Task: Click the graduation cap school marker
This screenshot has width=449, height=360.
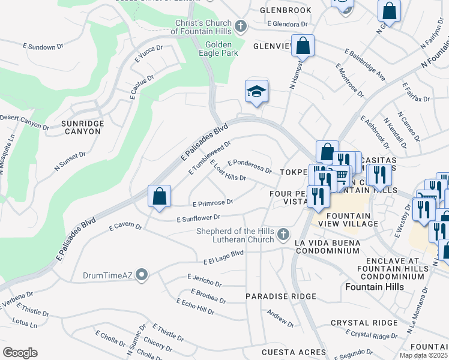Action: [x=256, y=92]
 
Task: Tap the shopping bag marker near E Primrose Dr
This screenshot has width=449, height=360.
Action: [x=160, y=196]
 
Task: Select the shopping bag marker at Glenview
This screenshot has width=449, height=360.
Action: [x=304, y=46]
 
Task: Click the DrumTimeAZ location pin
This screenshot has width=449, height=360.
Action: [x=142, y=276]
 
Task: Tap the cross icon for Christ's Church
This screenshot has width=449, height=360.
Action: [x=241, y=26]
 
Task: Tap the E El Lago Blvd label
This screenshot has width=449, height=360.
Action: [x=223, y=257]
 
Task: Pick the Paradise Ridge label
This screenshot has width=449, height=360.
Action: [x=281, y=297]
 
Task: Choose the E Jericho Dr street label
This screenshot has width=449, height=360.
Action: [x=204, y=280]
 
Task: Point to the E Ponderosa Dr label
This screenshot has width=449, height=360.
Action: [x=250, y=166]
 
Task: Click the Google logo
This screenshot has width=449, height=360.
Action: [x=20, y=352]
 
